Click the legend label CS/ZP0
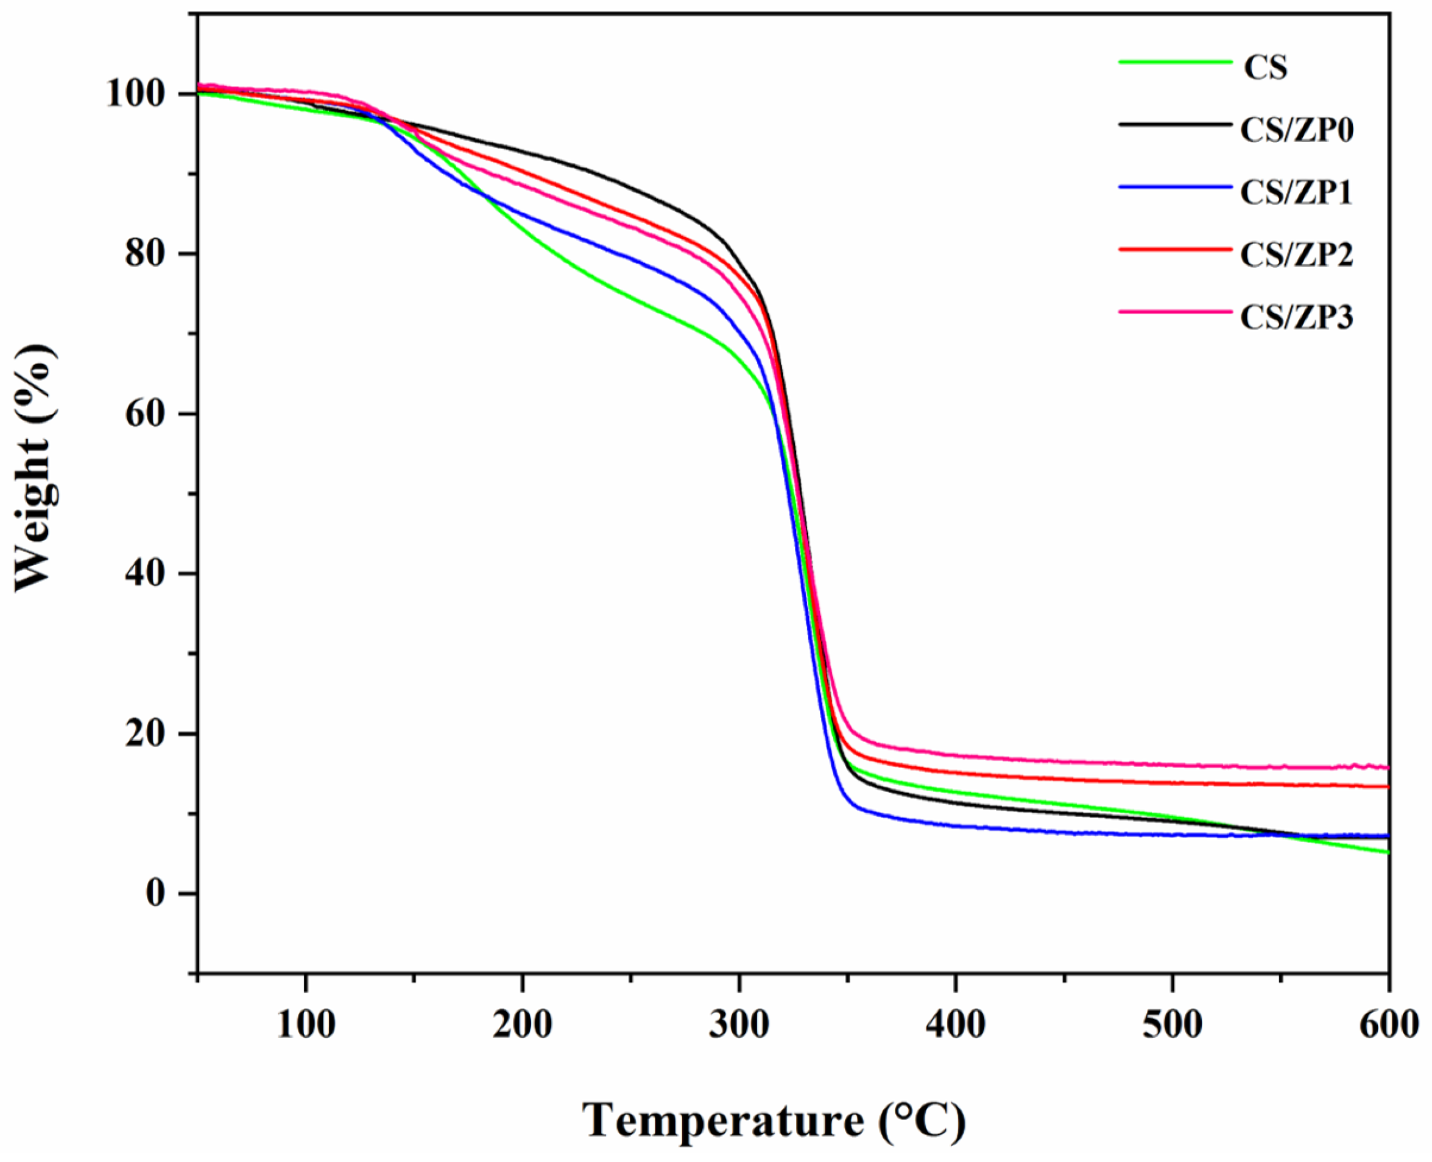(1297, 130)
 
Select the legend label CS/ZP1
(1297, 192)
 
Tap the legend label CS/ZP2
(1297, 254)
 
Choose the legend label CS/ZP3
(1297, 317)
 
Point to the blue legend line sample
(1175, 187)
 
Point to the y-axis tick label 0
(155, 894)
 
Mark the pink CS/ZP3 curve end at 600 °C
(1386, 768)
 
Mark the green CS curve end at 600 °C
(1386, 852)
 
